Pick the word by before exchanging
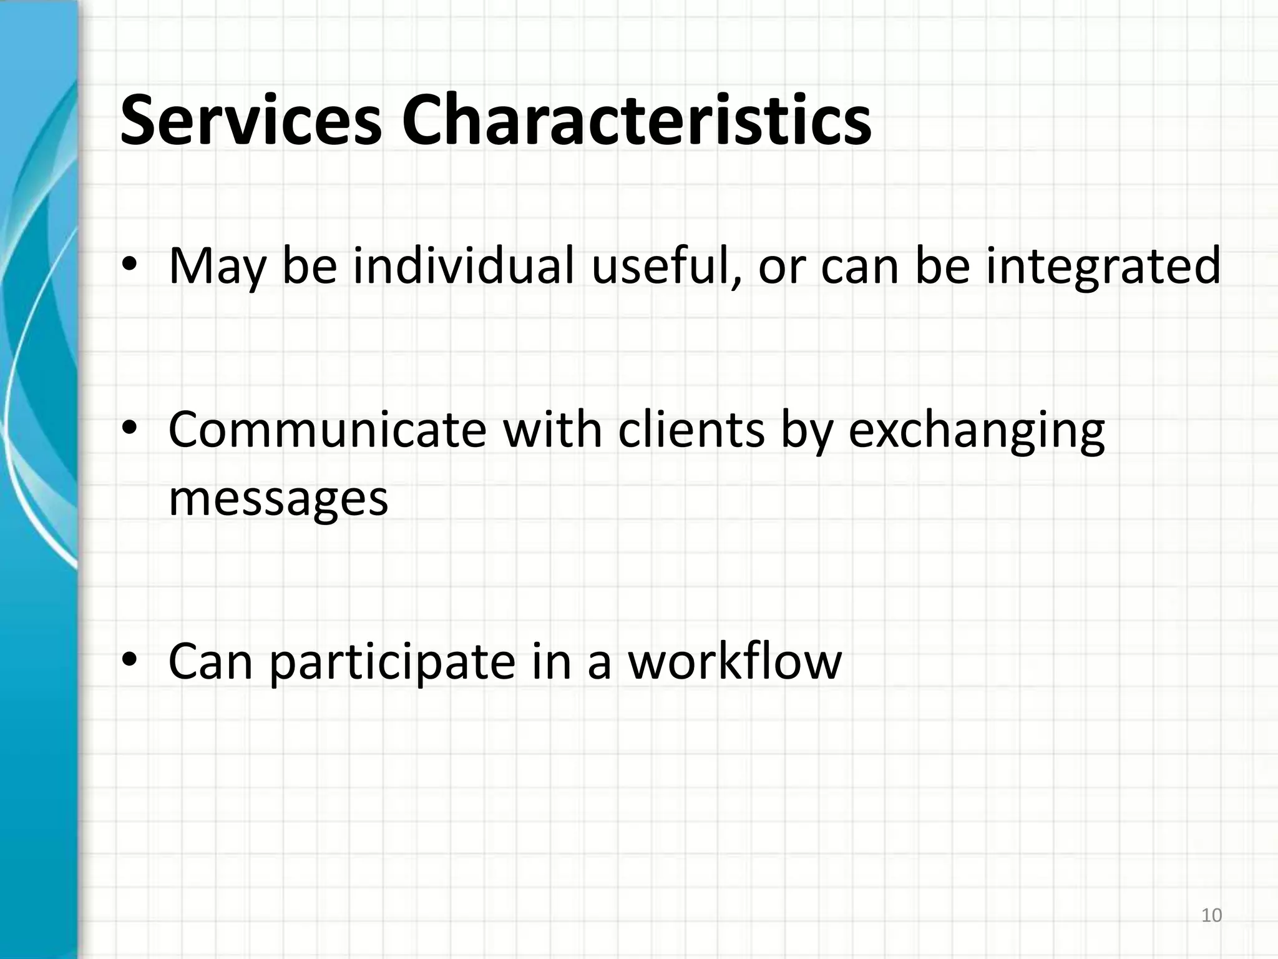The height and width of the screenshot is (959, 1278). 806,431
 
